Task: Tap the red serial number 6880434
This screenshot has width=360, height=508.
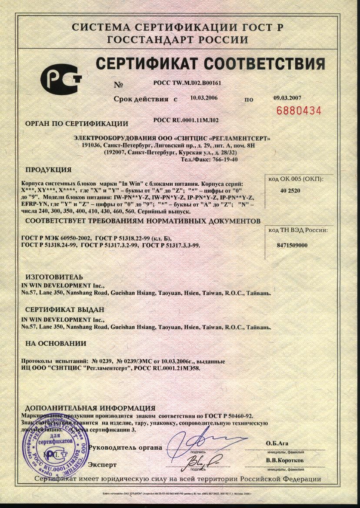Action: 299,110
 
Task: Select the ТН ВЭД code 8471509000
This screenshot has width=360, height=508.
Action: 292,245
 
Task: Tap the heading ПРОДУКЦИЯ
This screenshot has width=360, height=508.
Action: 48,169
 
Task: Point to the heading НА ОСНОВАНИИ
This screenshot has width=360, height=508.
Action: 56,343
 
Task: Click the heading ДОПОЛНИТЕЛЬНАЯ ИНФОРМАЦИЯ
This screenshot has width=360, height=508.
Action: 90,408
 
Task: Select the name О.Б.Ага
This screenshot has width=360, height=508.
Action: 277,443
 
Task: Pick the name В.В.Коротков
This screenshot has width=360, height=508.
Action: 285,460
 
